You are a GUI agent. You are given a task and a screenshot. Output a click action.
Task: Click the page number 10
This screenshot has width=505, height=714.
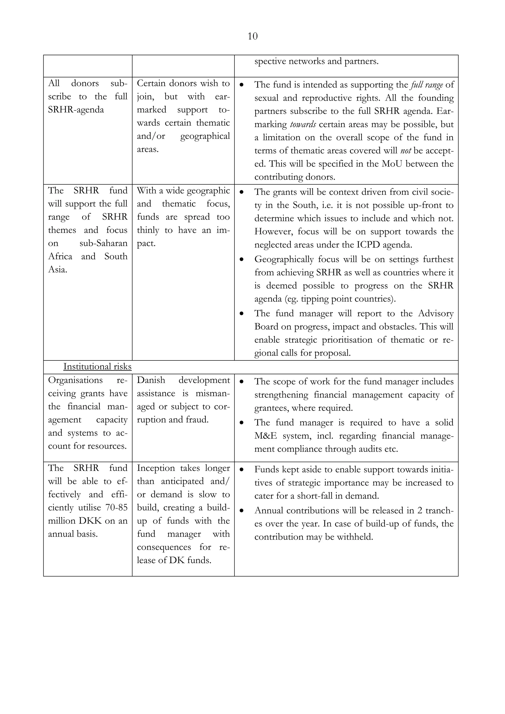(x=252, y=36)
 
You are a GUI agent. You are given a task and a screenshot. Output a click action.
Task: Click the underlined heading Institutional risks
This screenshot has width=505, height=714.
(x=97, y=367)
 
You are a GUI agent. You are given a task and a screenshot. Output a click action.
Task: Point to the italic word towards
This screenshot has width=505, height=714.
(x=303, y=125)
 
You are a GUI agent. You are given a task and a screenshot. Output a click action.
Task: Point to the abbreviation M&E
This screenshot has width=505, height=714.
(x=265, y=436)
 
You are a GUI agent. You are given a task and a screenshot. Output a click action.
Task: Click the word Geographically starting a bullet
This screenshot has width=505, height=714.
(x=284, y=259)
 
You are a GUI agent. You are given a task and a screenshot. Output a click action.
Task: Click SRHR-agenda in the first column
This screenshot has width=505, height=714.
(x=76, y=110)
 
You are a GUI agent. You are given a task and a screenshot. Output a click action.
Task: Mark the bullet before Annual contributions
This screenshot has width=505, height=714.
(x=241, y=511)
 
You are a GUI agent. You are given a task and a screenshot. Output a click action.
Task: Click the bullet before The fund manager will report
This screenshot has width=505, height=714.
(x=241, y=314)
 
